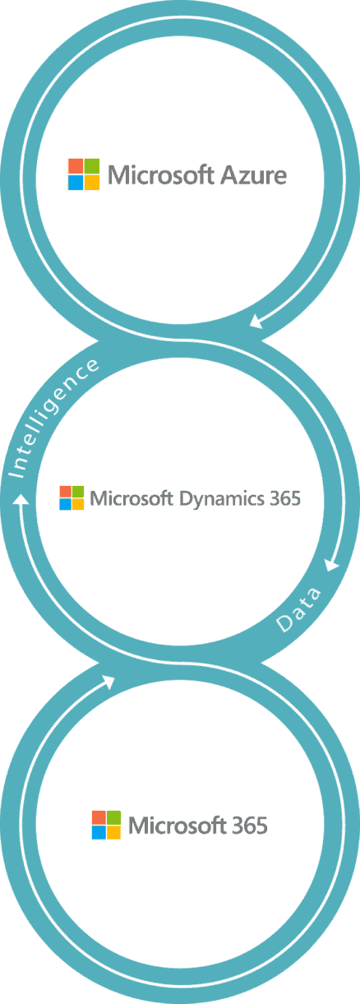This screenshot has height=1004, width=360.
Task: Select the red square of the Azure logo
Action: point(76,165)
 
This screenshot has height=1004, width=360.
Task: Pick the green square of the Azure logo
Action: point(92,165)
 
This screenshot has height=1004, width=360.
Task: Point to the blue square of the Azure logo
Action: point(76,183)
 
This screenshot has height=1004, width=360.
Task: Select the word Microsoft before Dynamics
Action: point(132,498)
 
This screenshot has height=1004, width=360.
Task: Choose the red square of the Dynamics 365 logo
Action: point(65,491)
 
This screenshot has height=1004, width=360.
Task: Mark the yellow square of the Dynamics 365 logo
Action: point(78,504)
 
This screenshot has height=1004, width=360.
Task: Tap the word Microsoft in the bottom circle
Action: point(177,826)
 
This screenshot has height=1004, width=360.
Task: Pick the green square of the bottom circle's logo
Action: point(113,817)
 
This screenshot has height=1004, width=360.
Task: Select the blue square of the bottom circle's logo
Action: point(99,832)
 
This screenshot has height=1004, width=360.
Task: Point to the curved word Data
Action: point(298,609)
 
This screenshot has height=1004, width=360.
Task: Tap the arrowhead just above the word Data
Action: point(332,565)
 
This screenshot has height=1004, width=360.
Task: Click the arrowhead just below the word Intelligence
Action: point(21,498)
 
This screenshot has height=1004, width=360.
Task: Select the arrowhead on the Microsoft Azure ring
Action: point(256,321)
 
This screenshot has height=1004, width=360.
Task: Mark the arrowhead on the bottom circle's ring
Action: point(108,682)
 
